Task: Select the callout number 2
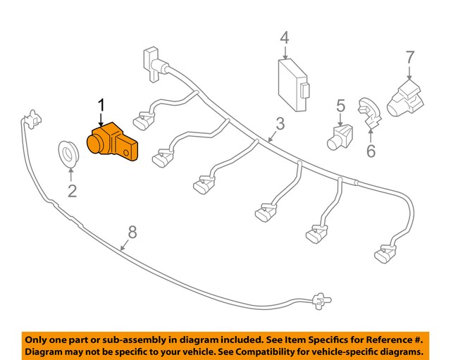tap(71, 190)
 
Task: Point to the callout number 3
tap(280, 124)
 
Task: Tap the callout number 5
tap(340, 106)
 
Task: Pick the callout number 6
tap(371, 150)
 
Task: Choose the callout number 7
tap(409, 56)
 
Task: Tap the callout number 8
tap(132, 230)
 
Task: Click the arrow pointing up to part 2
tap(70, 173)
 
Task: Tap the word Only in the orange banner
tap(39, 339)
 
